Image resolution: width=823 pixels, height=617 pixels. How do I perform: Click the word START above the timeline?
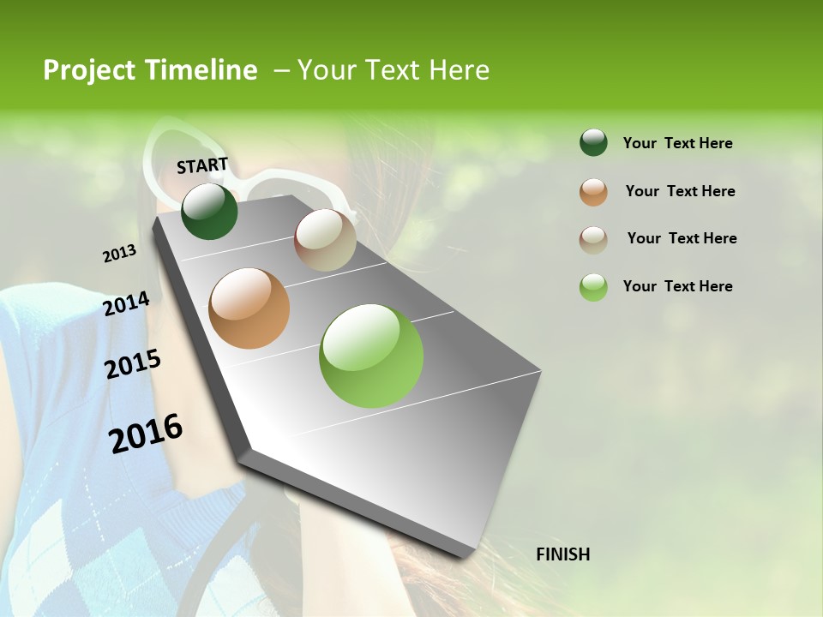click(202, 165)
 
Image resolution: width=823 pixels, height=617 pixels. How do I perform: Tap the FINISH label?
click(562, 554)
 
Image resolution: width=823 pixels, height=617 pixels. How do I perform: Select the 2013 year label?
click(119, 254)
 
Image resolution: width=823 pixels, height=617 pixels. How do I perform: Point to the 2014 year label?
click(126, 304)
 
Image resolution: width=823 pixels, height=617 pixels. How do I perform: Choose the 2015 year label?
click(132, 364)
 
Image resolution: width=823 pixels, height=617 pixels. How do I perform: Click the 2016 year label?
click(146, 433)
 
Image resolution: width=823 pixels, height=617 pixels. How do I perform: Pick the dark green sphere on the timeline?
click(209, 211)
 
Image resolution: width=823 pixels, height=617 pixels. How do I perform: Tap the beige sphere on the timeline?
click(325, 240)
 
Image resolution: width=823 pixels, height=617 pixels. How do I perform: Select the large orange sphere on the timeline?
click(249, 308)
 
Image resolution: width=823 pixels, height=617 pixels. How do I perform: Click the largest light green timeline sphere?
click(371, 356)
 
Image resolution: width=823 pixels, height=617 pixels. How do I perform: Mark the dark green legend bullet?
click(593, 142)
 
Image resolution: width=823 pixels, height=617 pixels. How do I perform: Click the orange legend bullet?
click(593, 192)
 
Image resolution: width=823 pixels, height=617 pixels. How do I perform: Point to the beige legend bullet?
click(593, 239)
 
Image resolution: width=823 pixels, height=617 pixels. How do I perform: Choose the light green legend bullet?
click(593, 287)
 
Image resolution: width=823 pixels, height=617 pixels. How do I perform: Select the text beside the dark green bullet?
click(677, 143)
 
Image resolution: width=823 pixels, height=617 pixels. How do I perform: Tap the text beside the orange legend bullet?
click(680, 191)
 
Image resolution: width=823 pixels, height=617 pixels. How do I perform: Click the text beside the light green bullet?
click(677, 286)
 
